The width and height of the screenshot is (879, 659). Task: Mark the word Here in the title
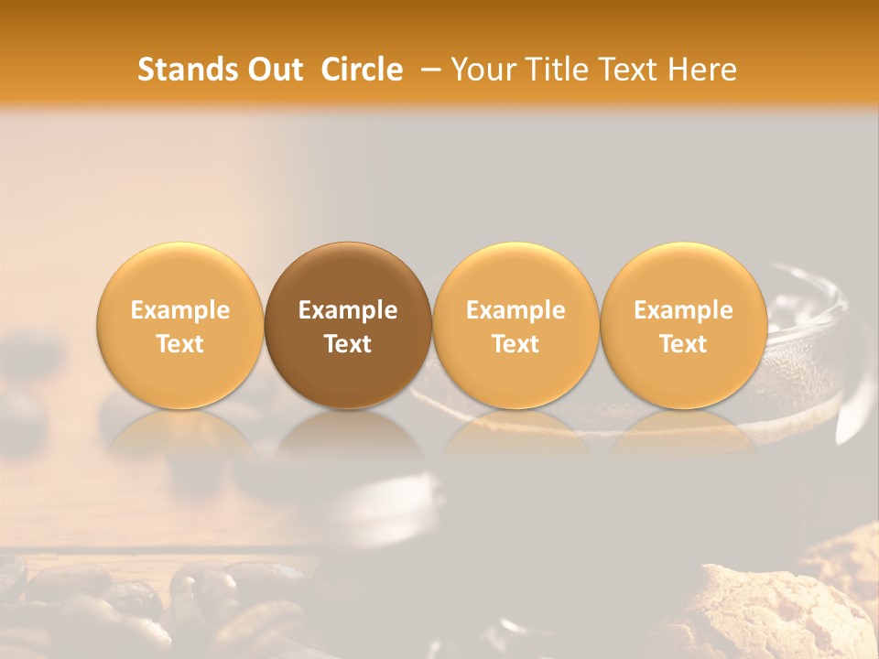coord(704,70)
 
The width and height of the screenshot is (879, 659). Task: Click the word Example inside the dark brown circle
coord(348,311)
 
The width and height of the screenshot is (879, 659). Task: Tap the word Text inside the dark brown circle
coord(348,344)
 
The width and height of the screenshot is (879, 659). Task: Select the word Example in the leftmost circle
coord(180,311)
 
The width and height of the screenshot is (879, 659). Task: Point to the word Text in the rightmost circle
coord(683,344)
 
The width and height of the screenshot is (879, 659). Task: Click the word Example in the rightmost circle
coord(683,311)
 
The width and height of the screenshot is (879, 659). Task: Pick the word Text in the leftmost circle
coord(180,344)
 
